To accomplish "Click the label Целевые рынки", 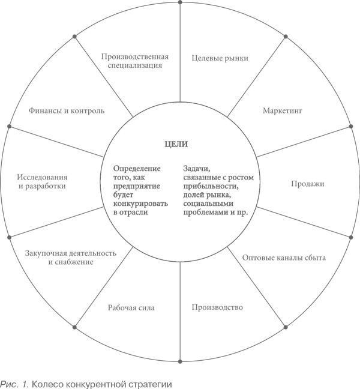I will pos(220,58).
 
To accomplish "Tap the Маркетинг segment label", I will pos(281,111).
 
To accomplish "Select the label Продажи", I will pos(308,184).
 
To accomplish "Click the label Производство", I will pos(217,308).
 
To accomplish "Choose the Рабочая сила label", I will pos(131,308).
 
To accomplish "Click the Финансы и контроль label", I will pos(67,111).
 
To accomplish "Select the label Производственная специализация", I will pos(134,61).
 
